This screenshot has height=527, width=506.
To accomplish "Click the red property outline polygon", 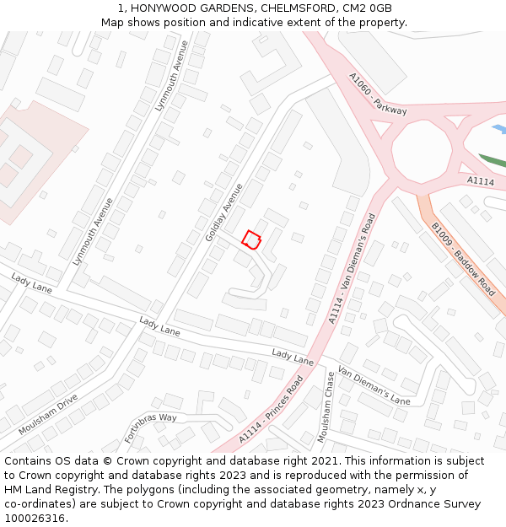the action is (x=251, y=239).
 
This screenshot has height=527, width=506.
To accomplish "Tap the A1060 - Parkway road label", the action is (x=378, y=94).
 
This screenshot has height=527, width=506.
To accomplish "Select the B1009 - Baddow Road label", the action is (x=463, y=259).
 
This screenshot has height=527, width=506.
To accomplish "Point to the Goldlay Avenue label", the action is (x=223, y=212).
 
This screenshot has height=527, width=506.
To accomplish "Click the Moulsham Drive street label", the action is (x=48, y=414).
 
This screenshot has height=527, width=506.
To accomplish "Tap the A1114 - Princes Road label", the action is (x=271, y=410).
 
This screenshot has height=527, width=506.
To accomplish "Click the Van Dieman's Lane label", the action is (x=374, y=384).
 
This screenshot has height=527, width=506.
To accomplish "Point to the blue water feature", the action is (x=498, y=129).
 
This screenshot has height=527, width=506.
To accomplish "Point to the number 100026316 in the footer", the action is (x=35, y=518).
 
